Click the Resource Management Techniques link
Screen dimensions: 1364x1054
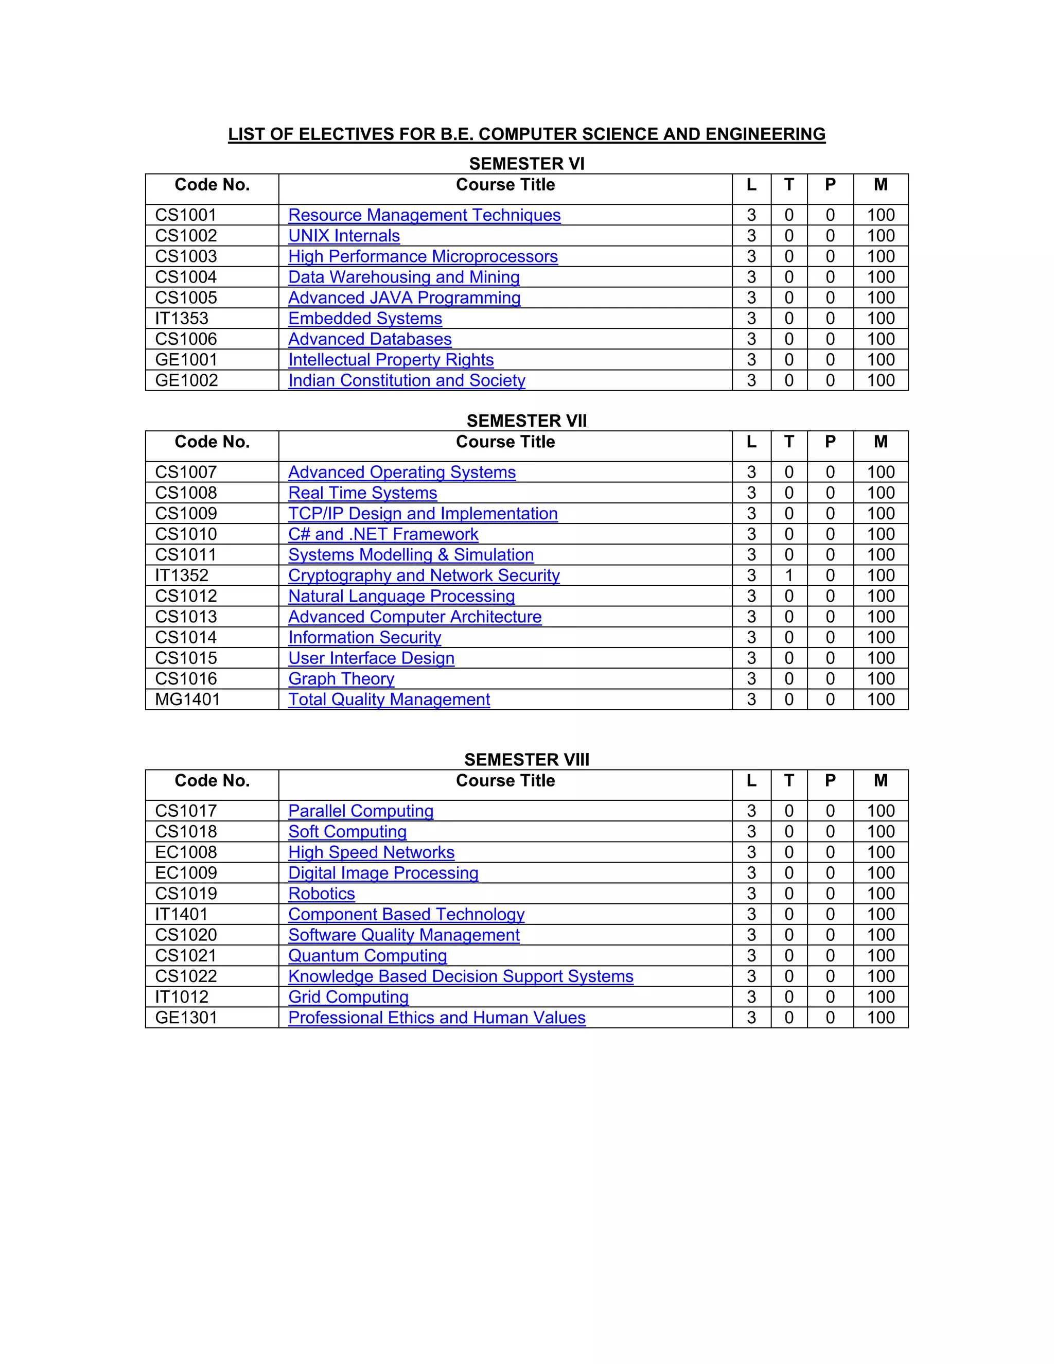coord(424,216)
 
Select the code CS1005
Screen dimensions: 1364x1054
coord(186,298)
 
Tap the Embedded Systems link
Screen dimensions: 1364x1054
coord(365,319)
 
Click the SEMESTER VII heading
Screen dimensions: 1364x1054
coord(526,421)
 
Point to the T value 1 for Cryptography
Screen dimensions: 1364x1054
coord(788,575)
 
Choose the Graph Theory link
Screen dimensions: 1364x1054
coord(341,679)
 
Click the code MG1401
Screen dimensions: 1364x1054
coord(187,700)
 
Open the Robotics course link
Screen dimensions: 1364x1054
coord(321,894)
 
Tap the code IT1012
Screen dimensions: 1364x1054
coord(182,997)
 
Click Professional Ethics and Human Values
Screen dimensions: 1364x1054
coord(436,1018)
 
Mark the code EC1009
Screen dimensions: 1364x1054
coord(186,873)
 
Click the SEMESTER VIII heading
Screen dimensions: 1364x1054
coord(526,759)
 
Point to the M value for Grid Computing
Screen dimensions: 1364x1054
coord(881,997)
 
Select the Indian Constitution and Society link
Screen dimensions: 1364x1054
coord(407,380)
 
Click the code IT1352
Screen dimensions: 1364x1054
coord(182,575)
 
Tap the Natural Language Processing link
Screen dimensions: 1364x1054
coord(401,597)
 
